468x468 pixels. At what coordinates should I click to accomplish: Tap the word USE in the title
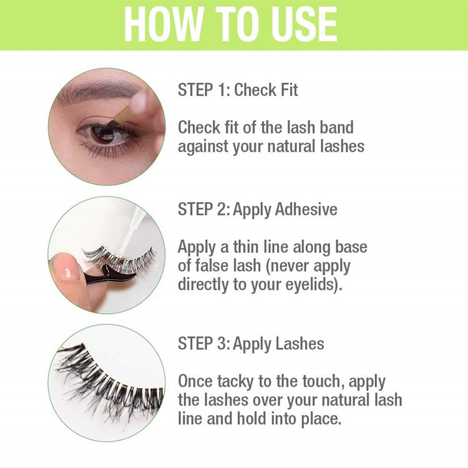pos(300,25)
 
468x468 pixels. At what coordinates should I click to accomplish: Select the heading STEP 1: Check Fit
pos(238,90)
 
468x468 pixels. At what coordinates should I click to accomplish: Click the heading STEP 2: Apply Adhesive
pos(257,209)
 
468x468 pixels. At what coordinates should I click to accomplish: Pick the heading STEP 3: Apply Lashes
pos(251,343)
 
